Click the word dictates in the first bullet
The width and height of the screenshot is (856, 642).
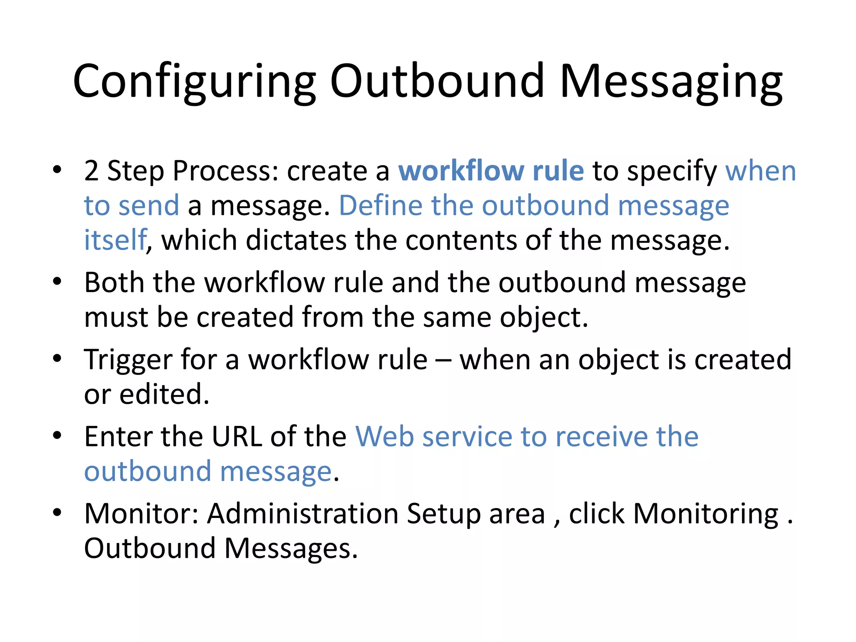click(x=296, y=241)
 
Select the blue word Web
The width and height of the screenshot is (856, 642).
click(x=384, y=437)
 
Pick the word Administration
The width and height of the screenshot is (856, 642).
click(x=303, y=514)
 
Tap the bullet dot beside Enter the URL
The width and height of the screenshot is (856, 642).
click(x=57, y=436)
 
